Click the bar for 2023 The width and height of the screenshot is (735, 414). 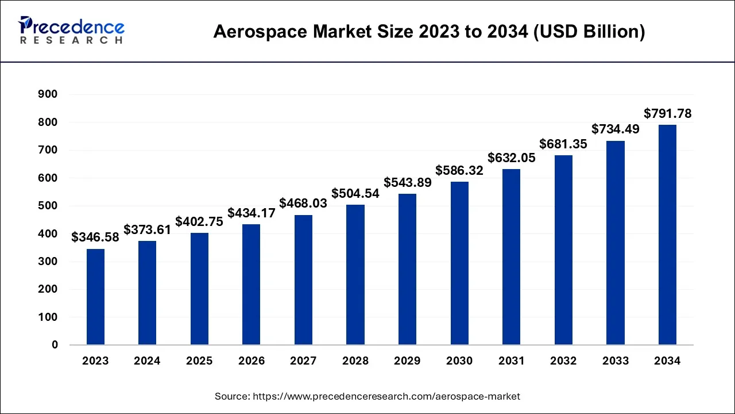point(95,297)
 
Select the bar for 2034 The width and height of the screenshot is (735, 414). point(667,235)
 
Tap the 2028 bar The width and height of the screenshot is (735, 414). point(355,274)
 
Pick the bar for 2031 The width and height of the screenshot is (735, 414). point(512,256)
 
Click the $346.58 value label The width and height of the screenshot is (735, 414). point(95,237)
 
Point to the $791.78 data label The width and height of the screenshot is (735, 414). point(667,114)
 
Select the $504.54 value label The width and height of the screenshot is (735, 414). point(355,193)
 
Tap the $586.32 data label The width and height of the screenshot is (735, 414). point(459,170)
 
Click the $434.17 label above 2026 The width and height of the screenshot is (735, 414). point(252,213)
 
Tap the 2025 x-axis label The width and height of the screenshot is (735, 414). point(199,361)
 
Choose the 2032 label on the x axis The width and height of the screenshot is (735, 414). point(563,361)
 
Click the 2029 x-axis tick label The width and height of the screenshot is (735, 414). point(407,361)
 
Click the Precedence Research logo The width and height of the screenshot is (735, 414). point(71,30)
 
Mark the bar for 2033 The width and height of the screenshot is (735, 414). point(616,243)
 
